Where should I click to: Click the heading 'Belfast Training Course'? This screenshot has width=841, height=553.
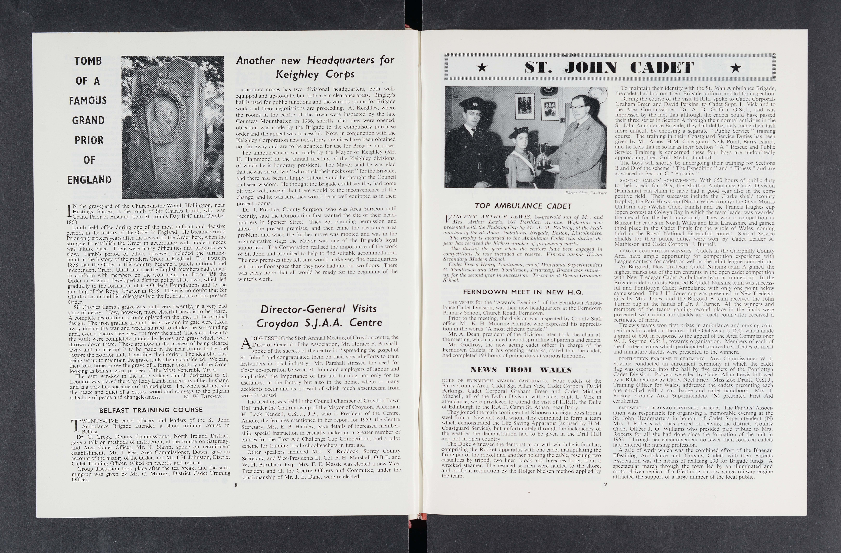coord(151,410)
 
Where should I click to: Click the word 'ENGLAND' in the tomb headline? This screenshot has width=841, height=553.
coord(89,180)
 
